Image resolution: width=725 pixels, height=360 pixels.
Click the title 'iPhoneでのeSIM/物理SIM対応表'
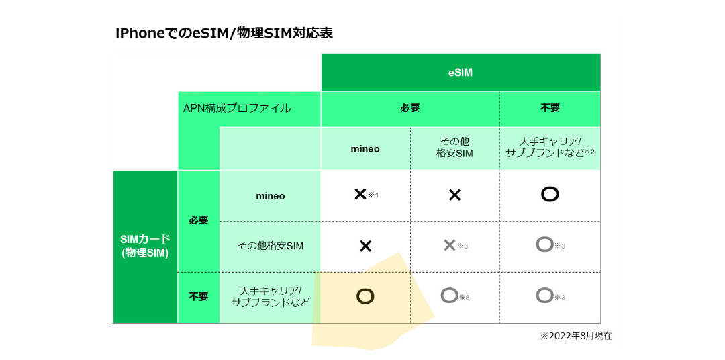click(x=224, y=34)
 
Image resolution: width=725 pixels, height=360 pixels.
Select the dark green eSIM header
click(x=461, y=72)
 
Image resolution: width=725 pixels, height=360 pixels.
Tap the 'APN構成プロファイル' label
click(x=237, y=109)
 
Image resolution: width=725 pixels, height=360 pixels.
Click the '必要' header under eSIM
click(x=410, y=109)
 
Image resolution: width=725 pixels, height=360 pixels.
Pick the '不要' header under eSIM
click(x=550, y=109)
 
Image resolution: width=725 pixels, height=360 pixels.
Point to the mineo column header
click(x=365, y=150)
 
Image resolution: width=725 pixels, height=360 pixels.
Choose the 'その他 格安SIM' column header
click(x=454, y=148)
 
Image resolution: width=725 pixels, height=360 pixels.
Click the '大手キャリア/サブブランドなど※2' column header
click(x=550, y=148)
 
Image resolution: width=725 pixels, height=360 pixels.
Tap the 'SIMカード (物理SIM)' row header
click(x=145, y=246)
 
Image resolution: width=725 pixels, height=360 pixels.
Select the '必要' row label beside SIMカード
click(x=198, y=220)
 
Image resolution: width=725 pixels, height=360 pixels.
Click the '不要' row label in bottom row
click(x=198, y=297)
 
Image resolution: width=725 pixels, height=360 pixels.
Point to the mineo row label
click(x=271, y=196)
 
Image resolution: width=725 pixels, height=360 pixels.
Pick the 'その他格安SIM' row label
click(x=271, y=246)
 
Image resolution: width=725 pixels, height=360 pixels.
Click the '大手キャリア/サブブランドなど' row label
click(x=271, y=297)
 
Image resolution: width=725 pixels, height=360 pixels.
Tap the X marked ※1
click(x=360, y=194)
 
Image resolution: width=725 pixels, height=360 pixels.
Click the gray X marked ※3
click(x=449, y=245)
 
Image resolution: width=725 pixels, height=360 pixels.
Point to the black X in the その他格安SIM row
click(x=365, y=246)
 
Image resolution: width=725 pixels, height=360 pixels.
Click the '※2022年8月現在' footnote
click(x=576, y=336)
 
